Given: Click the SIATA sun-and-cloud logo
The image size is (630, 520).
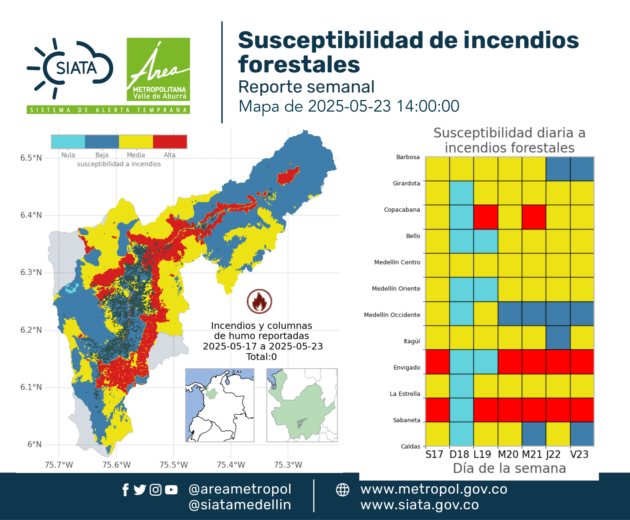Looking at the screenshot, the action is click(70, 68).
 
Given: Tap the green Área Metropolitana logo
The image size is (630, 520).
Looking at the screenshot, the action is click(158, 69).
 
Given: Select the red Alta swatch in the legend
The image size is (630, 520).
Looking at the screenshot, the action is click(170, 142).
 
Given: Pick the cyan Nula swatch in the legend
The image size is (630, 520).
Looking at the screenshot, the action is click(68, 142).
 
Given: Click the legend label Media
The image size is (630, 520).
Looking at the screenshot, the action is click(136, 155).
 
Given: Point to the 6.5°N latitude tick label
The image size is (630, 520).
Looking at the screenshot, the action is click(31, 158).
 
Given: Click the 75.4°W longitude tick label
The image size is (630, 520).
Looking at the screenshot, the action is click(231, 465).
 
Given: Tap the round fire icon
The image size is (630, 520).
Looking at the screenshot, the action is click(259, 301).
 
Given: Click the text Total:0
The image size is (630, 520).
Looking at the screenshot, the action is click(261, 357).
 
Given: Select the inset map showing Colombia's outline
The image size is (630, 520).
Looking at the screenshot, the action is click(219, 405).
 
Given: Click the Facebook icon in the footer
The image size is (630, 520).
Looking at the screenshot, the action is click(125, 490).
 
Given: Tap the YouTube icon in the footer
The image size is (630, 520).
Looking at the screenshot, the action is click(171, 490).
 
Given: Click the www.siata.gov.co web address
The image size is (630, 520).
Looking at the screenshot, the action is click(419, 505).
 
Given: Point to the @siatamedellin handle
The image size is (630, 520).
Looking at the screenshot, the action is click(240, 505).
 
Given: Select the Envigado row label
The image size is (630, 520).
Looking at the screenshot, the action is click(407, 368).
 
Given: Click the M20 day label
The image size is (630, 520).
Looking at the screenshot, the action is click(508, 454).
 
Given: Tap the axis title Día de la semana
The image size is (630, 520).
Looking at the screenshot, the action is click(509, 468).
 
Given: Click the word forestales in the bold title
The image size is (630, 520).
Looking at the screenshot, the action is click(299, 64).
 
